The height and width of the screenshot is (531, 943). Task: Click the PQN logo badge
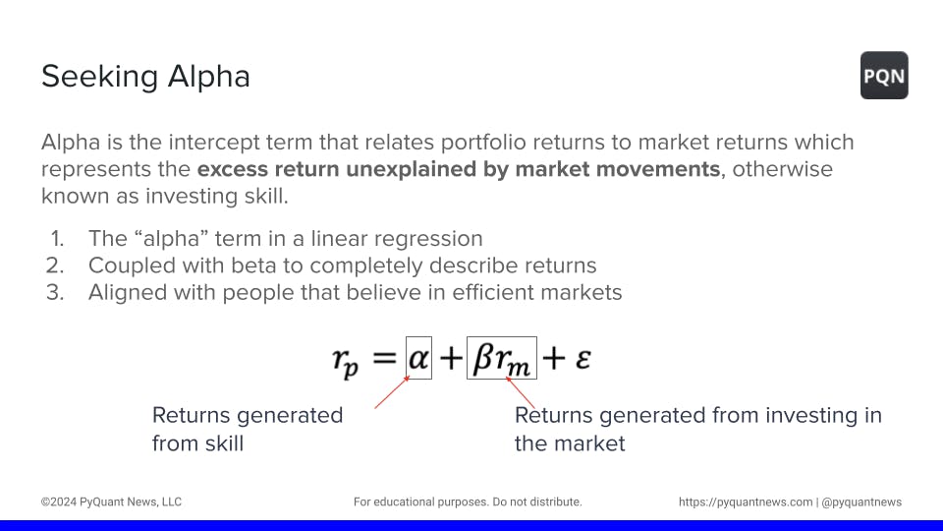[884, 76]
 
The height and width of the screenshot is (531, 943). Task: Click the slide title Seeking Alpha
[145, 77]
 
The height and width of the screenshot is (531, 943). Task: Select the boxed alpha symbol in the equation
[418, 358]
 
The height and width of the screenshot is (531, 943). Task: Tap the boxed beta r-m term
[502, 358]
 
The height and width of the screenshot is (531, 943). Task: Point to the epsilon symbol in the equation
[582, 358]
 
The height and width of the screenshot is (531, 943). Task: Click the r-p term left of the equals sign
[346, 362]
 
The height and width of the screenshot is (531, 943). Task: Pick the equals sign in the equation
[384, 358]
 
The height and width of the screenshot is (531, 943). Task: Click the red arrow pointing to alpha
[392, 392]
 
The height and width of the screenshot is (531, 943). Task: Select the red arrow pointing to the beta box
[521, 392]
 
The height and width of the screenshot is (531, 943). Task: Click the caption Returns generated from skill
[248, 430]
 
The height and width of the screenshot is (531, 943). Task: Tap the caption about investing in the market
[698, 430]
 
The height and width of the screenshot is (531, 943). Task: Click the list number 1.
[57, 239]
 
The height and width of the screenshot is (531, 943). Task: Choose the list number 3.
[55, 293]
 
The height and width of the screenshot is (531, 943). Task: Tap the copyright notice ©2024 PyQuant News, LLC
[111, 502]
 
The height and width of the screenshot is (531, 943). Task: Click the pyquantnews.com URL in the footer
[746, 502]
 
